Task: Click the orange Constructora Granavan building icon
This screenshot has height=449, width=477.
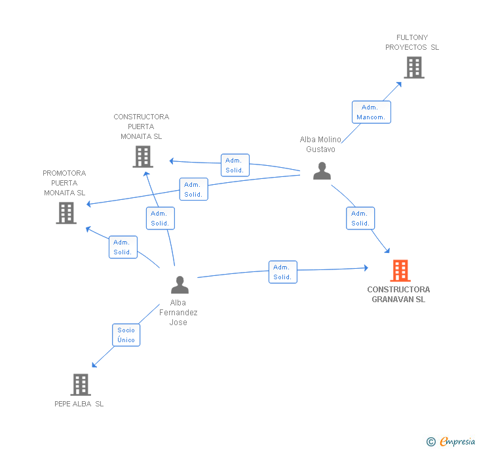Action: coord(400,270)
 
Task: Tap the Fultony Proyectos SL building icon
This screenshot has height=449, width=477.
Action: coord(413,67)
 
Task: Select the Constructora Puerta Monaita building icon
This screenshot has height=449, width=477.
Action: coord(143,156)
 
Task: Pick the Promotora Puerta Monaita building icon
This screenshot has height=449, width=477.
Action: coord(66,212)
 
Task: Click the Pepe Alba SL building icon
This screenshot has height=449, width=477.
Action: coord(80,385)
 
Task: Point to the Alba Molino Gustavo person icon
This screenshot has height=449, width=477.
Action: coord(322,170)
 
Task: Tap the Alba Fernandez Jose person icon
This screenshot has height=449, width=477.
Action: coord(180,284)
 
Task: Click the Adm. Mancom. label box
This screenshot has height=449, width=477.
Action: coord(371,112)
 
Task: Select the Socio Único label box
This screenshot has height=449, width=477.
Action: coord(126,335)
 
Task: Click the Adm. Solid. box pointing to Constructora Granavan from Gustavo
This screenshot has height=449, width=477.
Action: coord(360,218)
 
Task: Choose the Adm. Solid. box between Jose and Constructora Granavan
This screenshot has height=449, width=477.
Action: coord(282,272)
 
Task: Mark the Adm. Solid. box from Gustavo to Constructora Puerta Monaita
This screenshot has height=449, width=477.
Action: coord(235,165)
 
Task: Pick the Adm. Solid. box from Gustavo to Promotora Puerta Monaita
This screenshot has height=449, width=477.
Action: coord(193,189)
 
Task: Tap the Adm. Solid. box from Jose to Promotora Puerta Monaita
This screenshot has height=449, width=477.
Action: coord(123,247)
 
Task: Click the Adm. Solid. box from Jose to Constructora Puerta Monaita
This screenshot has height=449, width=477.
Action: coord(160,218)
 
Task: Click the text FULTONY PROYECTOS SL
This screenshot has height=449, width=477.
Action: coord(412,43)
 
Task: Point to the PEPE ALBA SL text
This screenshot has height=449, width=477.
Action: coord(79,404)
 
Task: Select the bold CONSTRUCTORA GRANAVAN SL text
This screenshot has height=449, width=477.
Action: coord(398,294)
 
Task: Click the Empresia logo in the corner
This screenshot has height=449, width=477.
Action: coord(451,441)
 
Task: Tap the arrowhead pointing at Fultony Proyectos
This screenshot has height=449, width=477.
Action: coord(400,84)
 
